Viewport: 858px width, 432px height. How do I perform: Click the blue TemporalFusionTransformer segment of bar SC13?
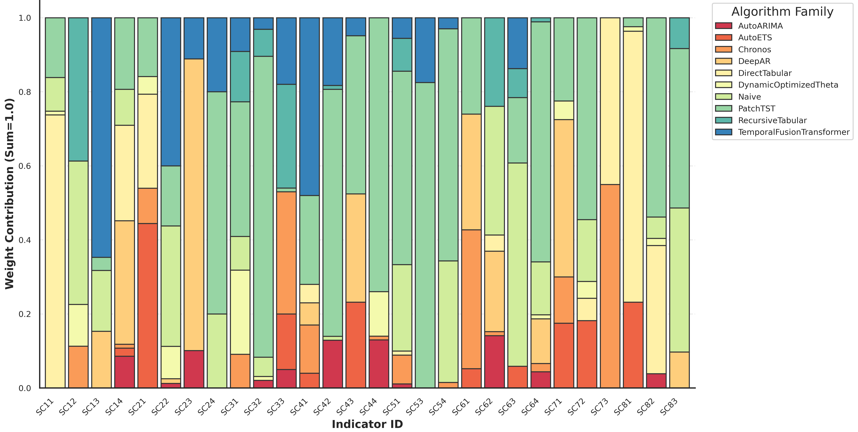click(x=102, y=137)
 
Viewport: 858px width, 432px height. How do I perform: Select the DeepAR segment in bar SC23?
click(x=194, y=205)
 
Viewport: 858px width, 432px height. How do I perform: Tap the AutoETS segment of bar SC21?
click(x=148, y=306)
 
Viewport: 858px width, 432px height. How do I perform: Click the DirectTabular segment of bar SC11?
click(x=55, y=251)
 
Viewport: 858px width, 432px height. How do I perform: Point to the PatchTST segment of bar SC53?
click(x=425, y=235)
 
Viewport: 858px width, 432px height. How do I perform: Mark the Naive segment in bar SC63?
click(x=518, y=265)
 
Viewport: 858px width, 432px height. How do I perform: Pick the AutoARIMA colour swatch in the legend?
click(x=724, y=26)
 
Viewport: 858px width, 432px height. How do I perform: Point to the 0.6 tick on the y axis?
click(x=25, y=166)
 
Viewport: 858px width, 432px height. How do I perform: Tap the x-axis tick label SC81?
click(x=623, y=407)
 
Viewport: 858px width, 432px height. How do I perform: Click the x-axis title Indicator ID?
click(x=367, y=424)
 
